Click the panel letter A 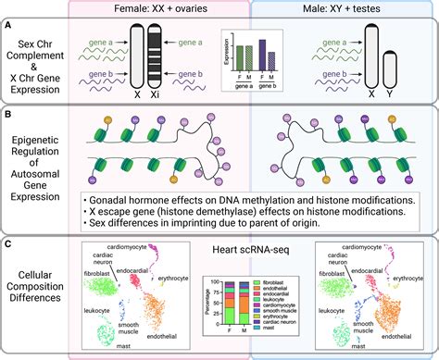point(7,28)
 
